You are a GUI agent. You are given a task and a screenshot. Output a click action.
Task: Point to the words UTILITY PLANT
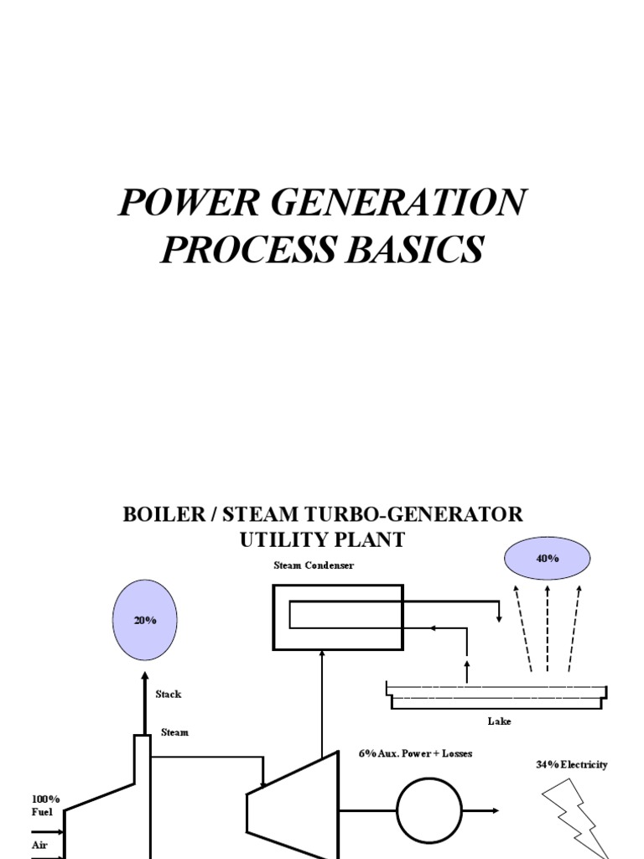(322, 540)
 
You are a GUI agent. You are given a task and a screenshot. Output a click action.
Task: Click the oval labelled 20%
(144, 619)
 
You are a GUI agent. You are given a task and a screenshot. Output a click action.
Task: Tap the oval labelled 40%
(547, 558)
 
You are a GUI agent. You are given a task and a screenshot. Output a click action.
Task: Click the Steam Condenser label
(314, 566)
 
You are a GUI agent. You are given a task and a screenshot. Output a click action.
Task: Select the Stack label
(168, 695)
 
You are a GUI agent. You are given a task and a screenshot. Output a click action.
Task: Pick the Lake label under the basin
(499, 721)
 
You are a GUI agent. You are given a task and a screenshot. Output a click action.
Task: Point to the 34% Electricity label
(571, 765)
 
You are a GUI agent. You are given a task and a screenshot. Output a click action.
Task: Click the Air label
(39, 845)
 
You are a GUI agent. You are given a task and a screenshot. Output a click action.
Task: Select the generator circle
(428, 811)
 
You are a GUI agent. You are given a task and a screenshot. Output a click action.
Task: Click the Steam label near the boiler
(174, 732)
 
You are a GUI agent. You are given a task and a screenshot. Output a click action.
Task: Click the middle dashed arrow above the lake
(548, 630)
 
